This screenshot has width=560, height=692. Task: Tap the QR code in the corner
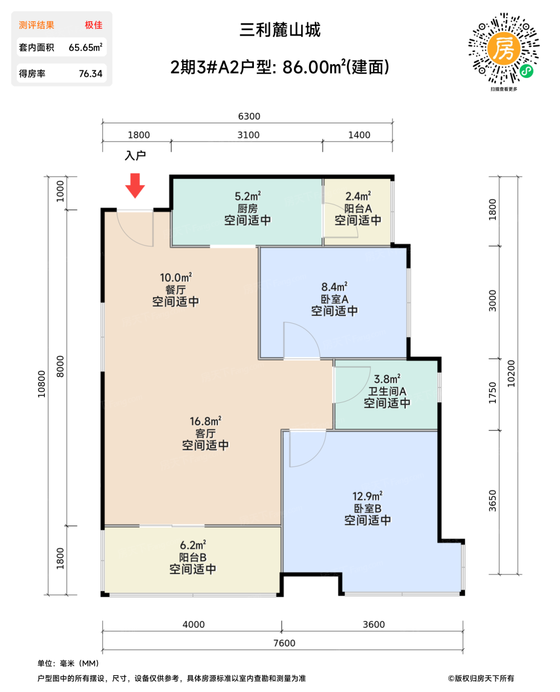[x=503, y=48]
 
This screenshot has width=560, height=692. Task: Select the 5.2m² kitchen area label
[x=247, y=197]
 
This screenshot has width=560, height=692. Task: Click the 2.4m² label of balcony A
[x=358, y=197]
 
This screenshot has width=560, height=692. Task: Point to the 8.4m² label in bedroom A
[x=334, y=287]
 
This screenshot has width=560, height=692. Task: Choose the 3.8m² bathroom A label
[x=387, y=379]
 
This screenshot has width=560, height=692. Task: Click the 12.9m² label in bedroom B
[x=367, y=496]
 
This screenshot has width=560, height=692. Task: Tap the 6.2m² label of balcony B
[x=193, y=545]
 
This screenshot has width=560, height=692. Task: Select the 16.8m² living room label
[x=205, y=422]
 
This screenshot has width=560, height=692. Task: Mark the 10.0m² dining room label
[x=175, y=278]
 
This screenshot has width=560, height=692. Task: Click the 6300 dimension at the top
[x=249, y=116]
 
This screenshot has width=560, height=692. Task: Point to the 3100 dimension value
[x=248, y=135]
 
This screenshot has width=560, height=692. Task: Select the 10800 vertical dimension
[x=41, y=384]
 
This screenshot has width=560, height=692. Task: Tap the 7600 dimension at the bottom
[x=284, y=643]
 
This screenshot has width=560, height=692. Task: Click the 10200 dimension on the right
[x=511, y=374]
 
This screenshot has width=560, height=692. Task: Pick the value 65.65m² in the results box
[x=85, y=47]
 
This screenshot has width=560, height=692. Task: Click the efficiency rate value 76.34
[x=90, y=74]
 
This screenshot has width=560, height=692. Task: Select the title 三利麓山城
[x=280, y=30]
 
